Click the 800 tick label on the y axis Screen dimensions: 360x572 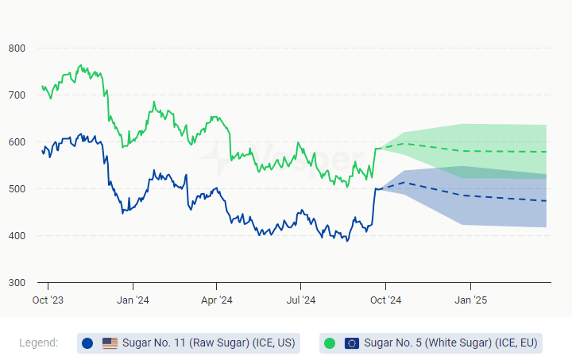(x=17, y=48)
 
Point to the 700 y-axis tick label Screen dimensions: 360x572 (x=17, y=95)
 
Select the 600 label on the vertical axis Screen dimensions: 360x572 (x=17, y=142)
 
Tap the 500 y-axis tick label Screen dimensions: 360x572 (x=17, y=189)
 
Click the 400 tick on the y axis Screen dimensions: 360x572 (x=17, y=236)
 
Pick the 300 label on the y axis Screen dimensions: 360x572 (x=17, y=283)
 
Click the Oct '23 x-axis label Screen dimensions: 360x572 (x=48, y=300)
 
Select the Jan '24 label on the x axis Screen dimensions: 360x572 (x=133, y=300)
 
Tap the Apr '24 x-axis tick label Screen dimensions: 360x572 (x=216, y=300)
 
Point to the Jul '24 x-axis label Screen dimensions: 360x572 (x=300, y=300)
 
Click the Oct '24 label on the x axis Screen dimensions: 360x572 (x=385, y=300)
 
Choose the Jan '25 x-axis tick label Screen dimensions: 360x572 (x=470, y=300)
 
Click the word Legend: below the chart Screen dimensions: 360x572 (x=38, y=343)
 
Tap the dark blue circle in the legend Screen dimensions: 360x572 (x=87, y=343)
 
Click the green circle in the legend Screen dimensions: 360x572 (x=330, y=343)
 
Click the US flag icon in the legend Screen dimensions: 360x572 (x=110, y=343)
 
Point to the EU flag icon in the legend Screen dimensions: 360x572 (x=352, y=343)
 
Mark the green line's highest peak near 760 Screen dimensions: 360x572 (x=80, y=65)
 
